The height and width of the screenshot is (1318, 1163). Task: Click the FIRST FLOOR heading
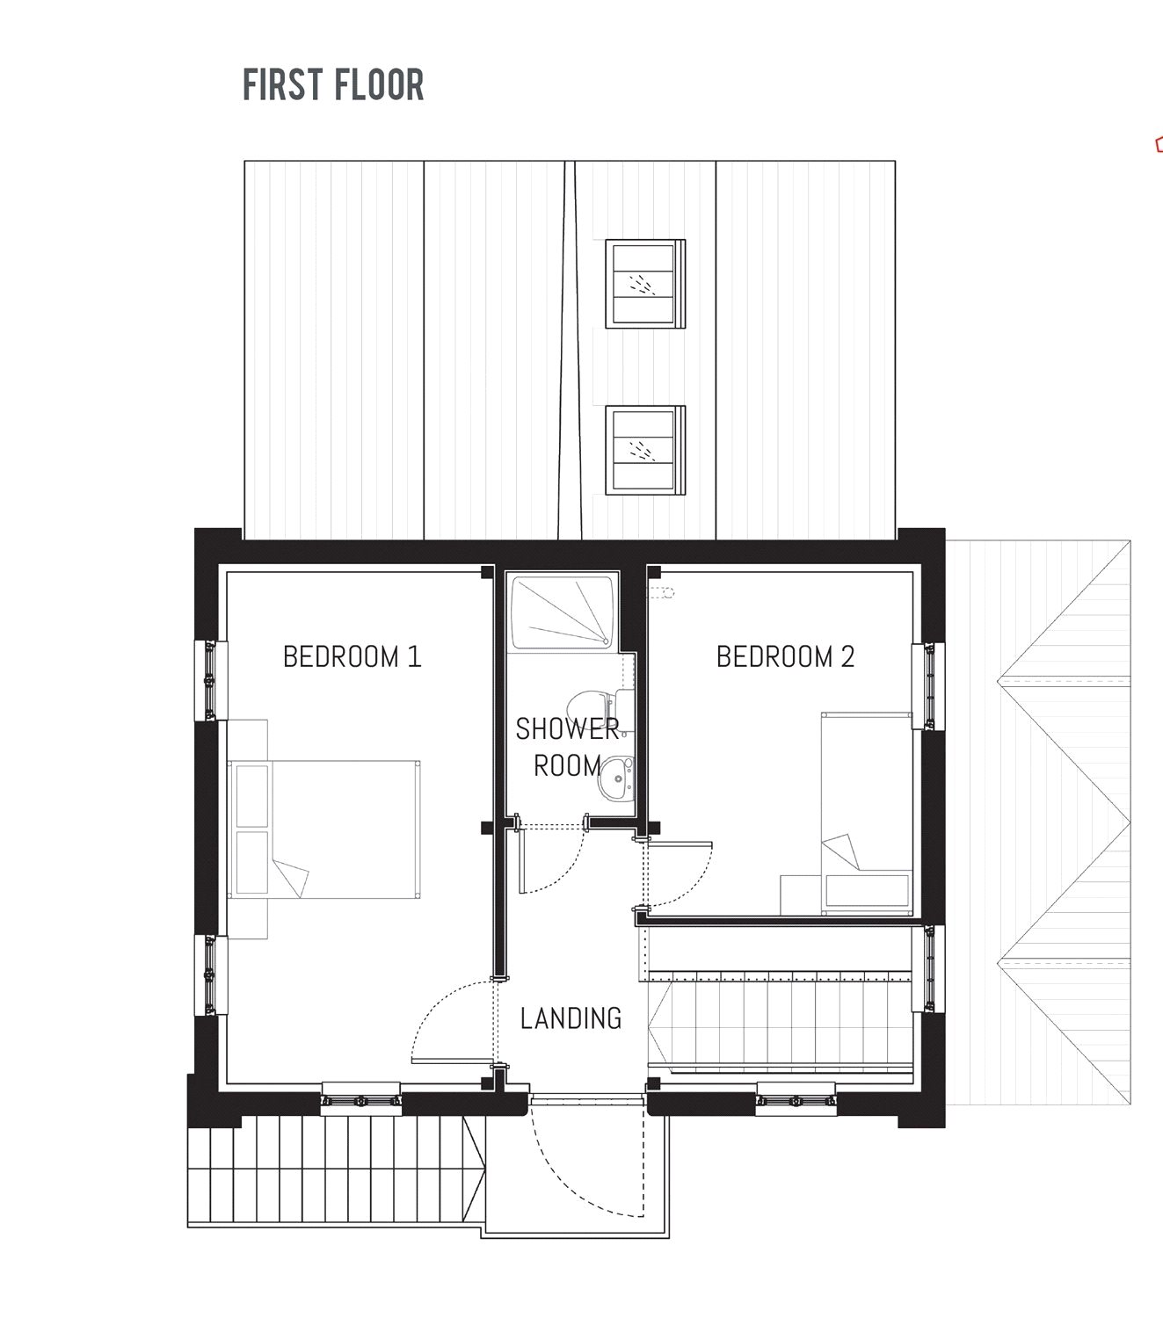(333, 85)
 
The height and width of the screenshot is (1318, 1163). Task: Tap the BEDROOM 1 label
(352, 656)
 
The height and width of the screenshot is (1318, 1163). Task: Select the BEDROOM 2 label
(785, 656)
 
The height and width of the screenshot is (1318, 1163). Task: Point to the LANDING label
(571, 1018)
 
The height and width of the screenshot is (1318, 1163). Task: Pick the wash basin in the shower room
(614, 778)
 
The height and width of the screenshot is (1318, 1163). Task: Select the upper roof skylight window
(645, 283)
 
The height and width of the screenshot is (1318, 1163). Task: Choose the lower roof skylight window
(645, 450)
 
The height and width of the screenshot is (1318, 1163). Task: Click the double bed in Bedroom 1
(325, 829)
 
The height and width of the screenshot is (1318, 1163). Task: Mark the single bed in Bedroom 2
(866, 813)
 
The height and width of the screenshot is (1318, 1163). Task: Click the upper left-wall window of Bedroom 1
(209, 681)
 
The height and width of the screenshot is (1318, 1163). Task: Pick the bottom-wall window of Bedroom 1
(360, 1099)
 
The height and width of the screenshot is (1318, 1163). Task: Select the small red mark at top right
(1159, 144)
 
